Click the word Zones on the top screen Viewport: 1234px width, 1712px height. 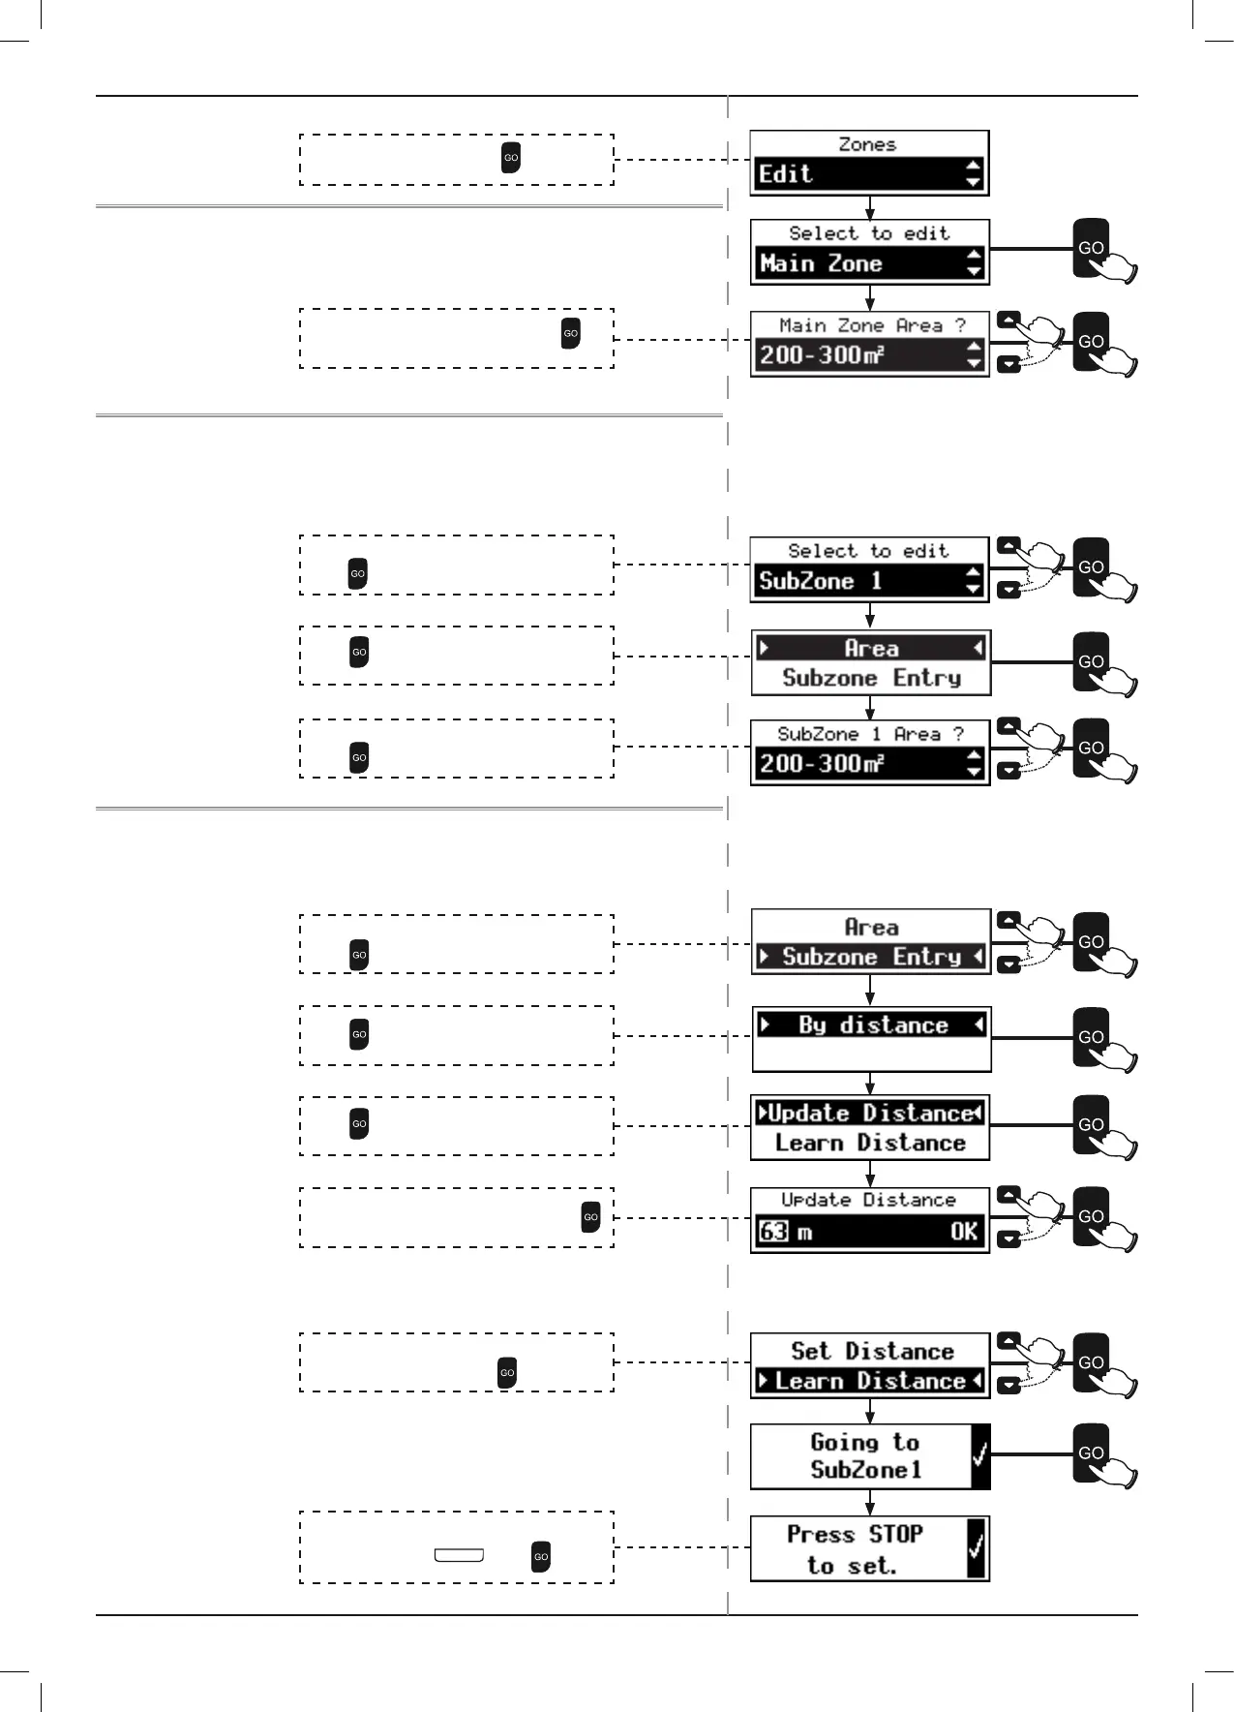tap(867, 144)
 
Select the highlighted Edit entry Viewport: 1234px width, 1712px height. tap(786, 174)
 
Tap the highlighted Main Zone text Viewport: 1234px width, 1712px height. tap(821, 263)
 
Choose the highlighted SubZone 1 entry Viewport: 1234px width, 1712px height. tap(820, 581)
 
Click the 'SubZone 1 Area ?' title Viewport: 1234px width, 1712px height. tap(870, 734)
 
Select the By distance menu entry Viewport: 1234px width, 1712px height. tap(872, 1024)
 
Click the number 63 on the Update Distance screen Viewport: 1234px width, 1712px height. tap(773, 1232)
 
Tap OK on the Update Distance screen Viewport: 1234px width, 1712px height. tap(963, 1232)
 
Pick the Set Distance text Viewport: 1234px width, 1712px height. tap(872, 1351)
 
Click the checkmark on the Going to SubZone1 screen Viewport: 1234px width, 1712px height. tap(979, 1454)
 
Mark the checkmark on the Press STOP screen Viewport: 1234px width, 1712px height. tap(977, 1547)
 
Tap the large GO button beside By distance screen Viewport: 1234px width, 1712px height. tap(1092, 1036)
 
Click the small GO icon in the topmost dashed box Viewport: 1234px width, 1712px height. tap(511, 158)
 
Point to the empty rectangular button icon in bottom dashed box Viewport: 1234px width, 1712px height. tap(459, 1555)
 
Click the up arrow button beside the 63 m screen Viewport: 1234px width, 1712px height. tap(1008, 1195)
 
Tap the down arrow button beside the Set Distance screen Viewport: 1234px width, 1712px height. tap(1008, 1385)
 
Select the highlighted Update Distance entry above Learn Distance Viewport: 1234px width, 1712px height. tap(871, 1114)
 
